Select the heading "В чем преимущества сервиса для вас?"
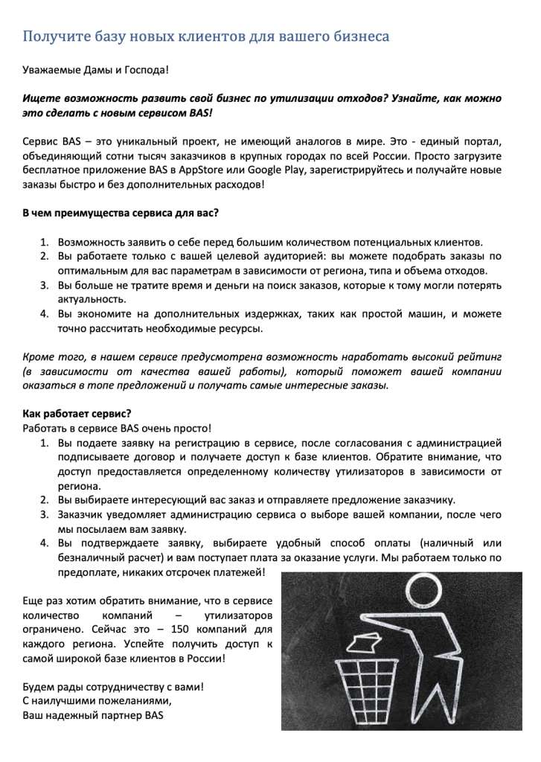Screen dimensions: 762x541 tap(121, 213)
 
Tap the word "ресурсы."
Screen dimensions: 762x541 tap(242, 327)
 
